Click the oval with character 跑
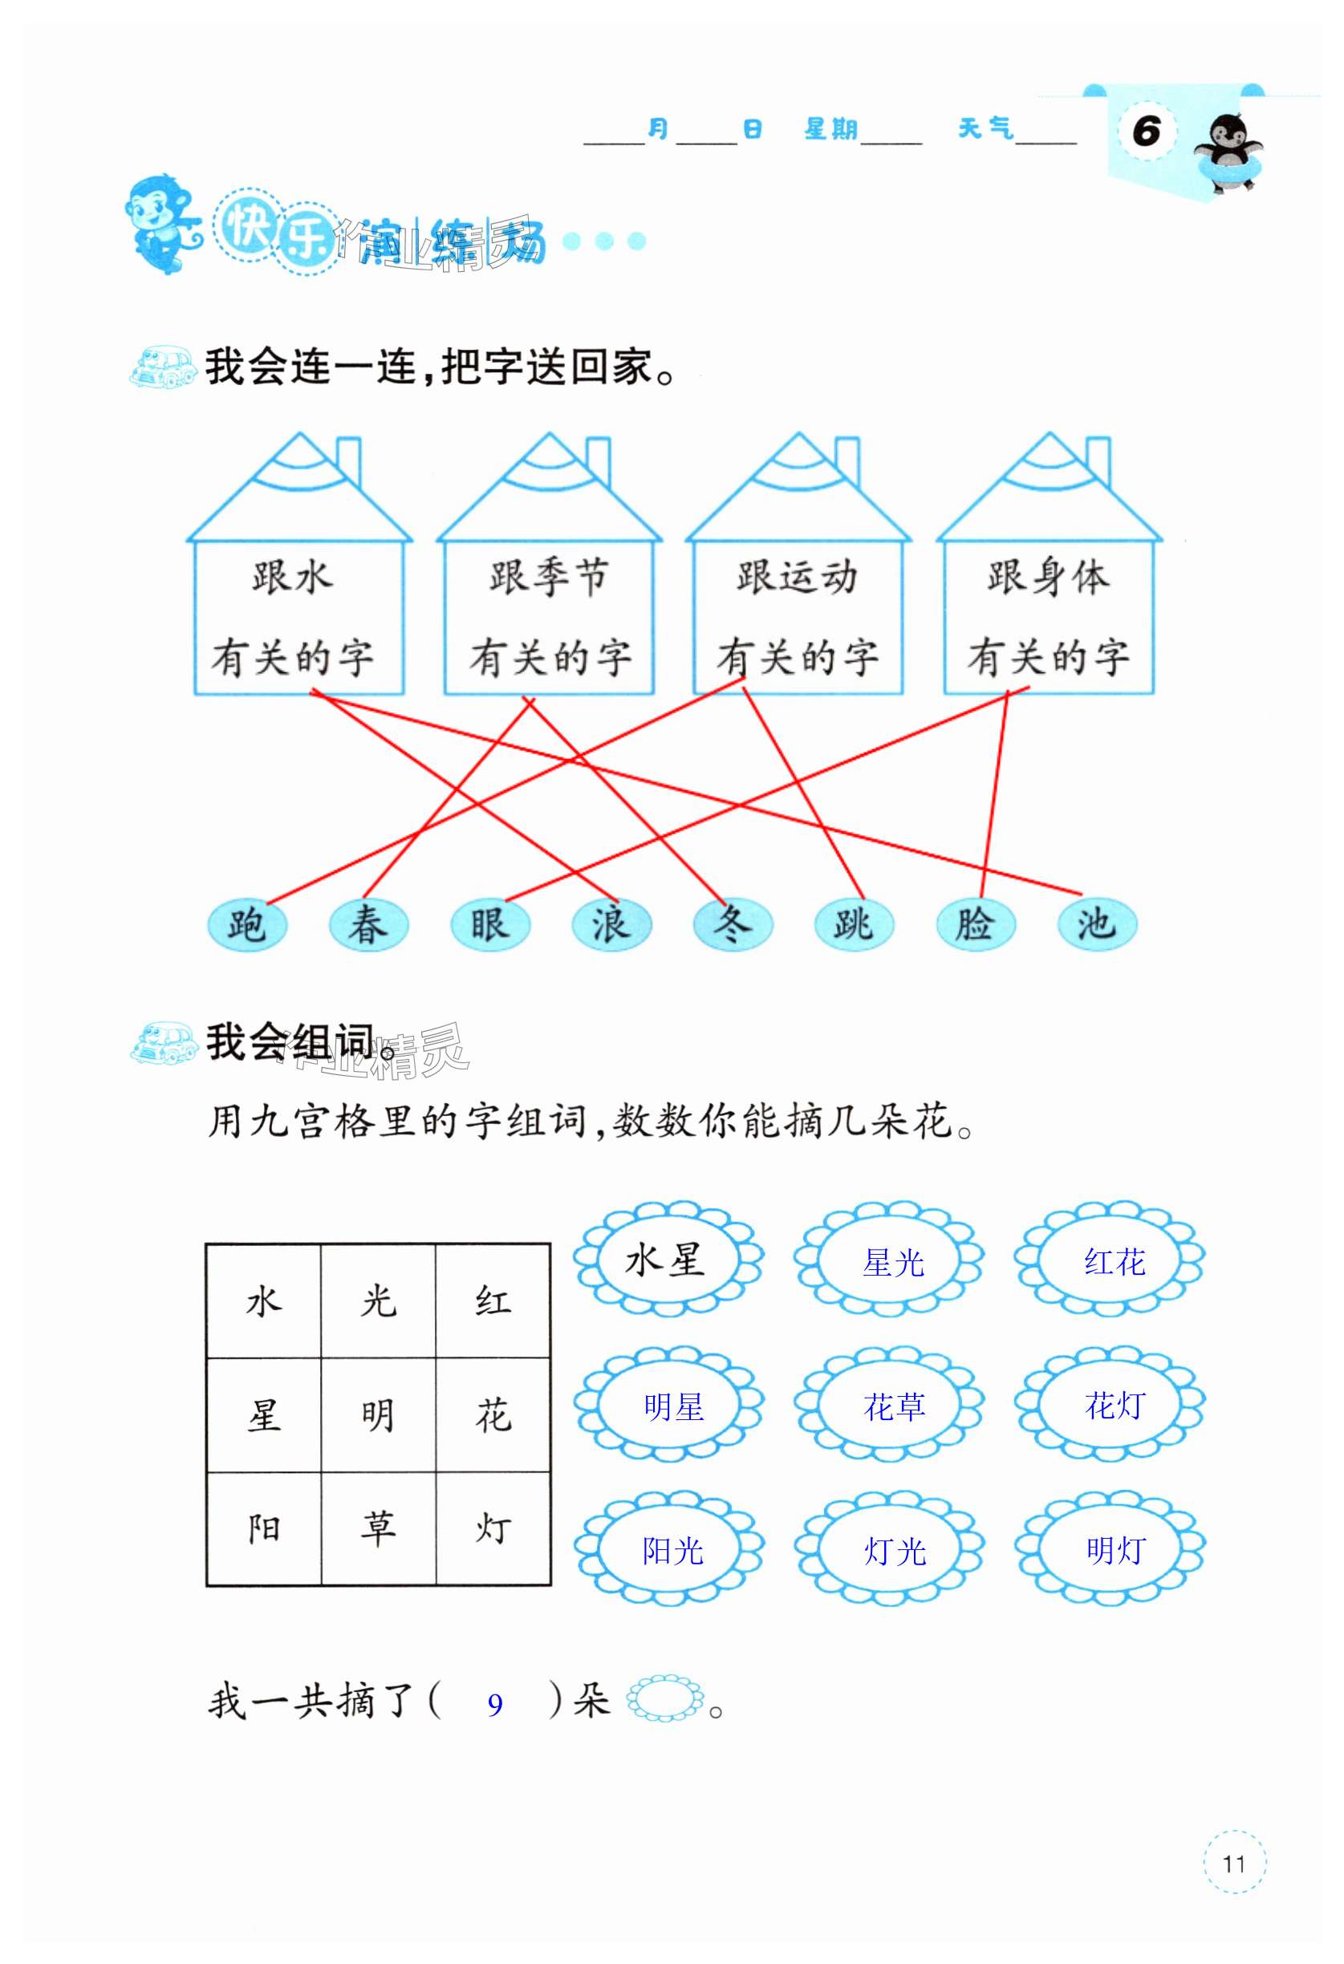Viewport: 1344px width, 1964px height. pyautogui.click(x=247, y=924)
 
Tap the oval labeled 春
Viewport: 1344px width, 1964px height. pyautogui.click(x=367, y=924)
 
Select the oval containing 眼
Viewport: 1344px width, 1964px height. pyautogui.click(x=489, y=924)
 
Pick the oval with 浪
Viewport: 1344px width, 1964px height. pyautogui.click(x=611, y=924)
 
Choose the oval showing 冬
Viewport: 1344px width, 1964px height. pyautogui.click(x=732, y=924)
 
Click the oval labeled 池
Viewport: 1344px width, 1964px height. pyautogui.click(x=1096, y=924)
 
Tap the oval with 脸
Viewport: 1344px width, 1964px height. pyautogui.click(x=976, y=924)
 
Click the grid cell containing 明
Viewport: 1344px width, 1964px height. pyautogui.click(x=378, y=1414)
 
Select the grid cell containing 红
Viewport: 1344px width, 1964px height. pyautogui.click(x=493, y=1301)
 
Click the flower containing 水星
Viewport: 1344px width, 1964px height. pyautogui.click(x=668, y=1261)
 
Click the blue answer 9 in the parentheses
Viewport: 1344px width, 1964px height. pyautogui.click(x=495, y=1705)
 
